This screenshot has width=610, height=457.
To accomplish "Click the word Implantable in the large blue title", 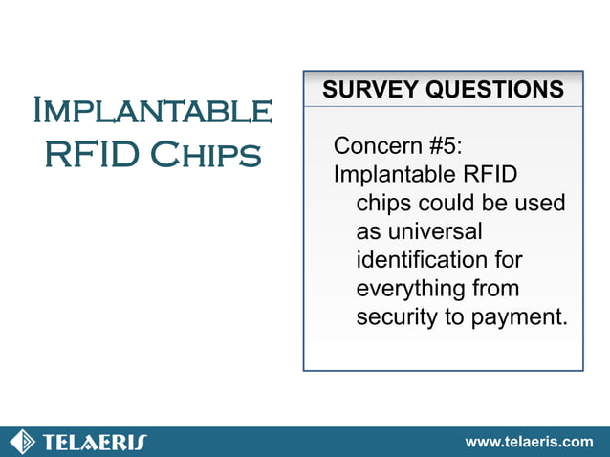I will [152, 111].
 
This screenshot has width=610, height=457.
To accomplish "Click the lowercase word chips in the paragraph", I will [384, 203].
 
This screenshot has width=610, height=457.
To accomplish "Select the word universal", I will [419, 231].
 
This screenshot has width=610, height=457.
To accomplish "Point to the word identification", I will [422, 259].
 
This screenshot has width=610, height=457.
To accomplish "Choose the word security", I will [393, 316].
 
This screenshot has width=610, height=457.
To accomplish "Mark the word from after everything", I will [496, 288].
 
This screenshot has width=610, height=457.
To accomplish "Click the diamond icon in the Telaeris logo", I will [22, 442].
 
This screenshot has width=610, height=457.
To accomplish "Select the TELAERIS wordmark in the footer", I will [94, 442].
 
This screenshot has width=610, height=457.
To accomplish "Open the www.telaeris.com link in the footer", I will [528, 442].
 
